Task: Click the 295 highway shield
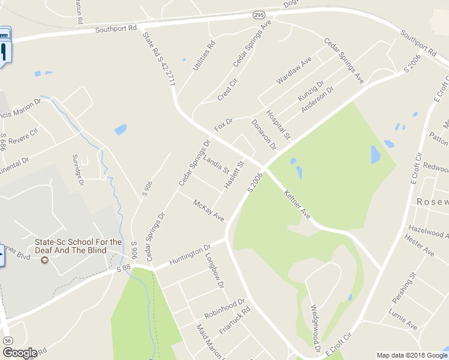coord(258,14)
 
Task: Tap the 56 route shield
coord(7,340)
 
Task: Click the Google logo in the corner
coord(19,353)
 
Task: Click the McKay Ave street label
coord(208,210)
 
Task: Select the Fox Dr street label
coord(223,125)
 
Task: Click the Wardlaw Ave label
coord(294,70)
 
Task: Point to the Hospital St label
coord(278,125)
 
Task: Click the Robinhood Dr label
coord(224,308)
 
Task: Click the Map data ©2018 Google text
coord(412,355)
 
